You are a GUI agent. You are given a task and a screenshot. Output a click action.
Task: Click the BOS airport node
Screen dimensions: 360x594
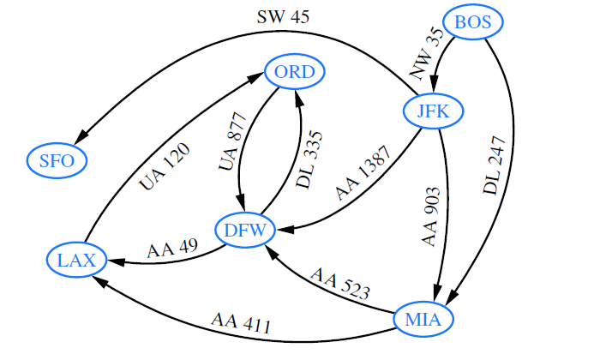pos(473,22)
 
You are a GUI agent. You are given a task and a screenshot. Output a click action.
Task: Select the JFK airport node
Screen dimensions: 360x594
pos(434,111)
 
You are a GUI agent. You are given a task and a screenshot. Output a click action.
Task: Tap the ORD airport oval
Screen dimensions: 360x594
pos(296,72)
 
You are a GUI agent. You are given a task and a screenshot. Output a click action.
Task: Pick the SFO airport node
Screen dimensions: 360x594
pos(57,159)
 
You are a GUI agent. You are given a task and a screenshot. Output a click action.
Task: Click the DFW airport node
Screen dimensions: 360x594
pos(244,229)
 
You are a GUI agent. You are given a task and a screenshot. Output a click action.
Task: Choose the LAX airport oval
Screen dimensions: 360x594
pos(77,259)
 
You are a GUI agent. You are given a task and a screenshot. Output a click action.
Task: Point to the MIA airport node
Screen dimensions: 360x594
pos(423,320)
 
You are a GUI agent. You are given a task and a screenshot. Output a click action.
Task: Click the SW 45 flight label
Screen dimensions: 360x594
pos(284,16)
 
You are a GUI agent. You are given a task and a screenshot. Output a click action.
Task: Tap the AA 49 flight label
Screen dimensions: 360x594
pos(172,249)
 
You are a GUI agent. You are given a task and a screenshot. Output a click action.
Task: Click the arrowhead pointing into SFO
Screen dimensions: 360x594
pos(83,137)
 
